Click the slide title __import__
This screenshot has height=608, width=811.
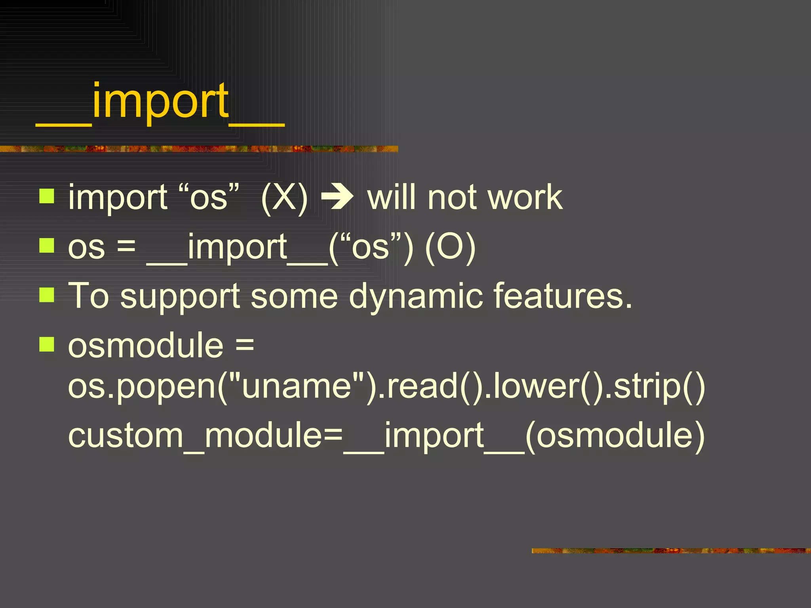160,104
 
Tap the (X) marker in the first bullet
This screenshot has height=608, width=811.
284,198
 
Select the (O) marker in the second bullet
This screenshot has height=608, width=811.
450,248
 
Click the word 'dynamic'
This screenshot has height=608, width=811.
416,297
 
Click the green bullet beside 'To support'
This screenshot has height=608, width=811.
47,294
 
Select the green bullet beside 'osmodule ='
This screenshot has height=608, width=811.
47,344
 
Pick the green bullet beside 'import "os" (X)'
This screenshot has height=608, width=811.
47,196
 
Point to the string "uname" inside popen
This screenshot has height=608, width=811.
297,386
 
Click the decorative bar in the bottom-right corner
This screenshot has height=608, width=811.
671,551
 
